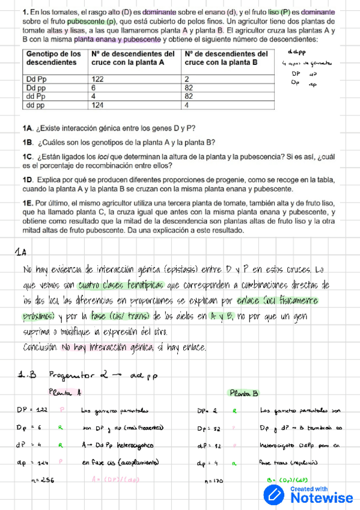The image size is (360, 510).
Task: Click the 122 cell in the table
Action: pos(97,79)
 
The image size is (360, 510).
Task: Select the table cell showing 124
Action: pos(97,105)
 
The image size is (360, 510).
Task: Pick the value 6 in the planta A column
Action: pos(94,87)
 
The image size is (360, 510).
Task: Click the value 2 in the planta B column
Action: pos(188,79)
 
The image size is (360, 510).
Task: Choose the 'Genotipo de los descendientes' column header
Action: pos(55,58)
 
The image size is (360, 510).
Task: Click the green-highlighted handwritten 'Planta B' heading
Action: pos(243,393)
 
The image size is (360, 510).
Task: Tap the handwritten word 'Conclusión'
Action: pos(40,347)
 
